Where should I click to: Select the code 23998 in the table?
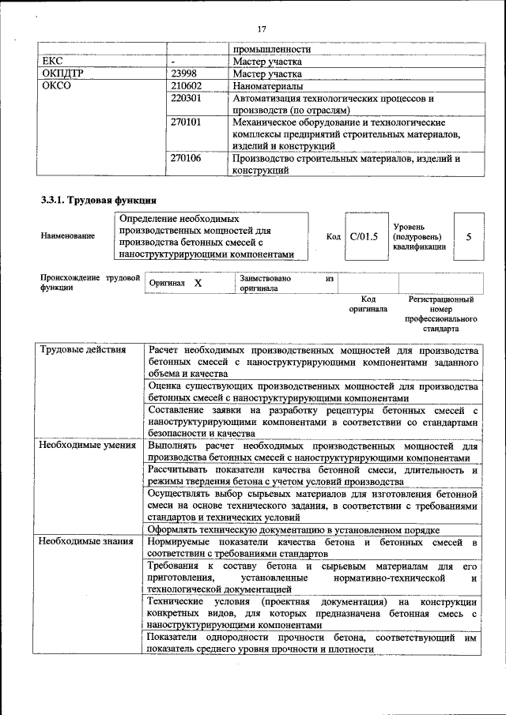(186, 73)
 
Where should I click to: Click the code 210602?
(187, 86)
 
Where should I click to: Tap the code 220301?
(187, 99)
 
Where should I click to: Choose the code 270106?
(187, 158)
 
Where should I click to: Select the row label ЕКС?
(51, 61)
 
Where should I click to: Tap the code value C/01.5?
(364, 235)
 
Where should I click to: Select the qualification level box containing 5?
(469, 235)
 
